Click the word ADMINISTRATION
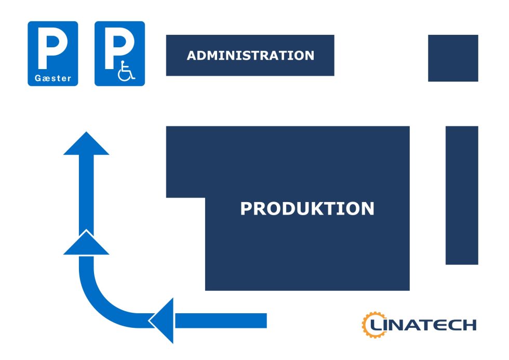pos(250,56)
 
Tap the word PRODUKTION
pos(307,209)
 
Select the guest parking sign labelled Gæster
pos(52,54)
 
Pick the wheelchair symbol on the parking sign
pos(126,71)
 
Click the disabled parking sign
pos(119,54)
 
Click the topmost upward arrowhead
pos(86,144)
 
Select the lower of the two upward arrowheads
pos(86,245)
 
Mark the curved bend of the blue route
pos(99,301)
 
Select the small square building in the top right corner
pos(452,58)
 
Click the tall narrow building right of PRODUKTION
pos(461,195)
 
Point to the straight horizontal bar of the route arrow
pos(221,321)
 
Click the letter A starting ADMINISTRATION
pos(192,56)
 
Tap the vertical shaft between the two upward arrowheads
pos(86,192)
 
